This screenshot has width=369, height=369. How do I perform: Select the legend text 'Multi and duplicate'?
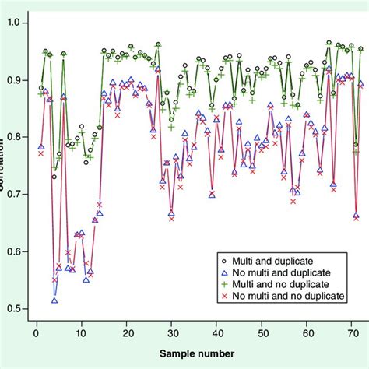pyautogui.click(x=276, y=259)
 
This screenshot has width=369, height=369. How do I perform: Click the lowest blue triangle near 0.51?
pyautogui.click(x=54, y=300)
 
